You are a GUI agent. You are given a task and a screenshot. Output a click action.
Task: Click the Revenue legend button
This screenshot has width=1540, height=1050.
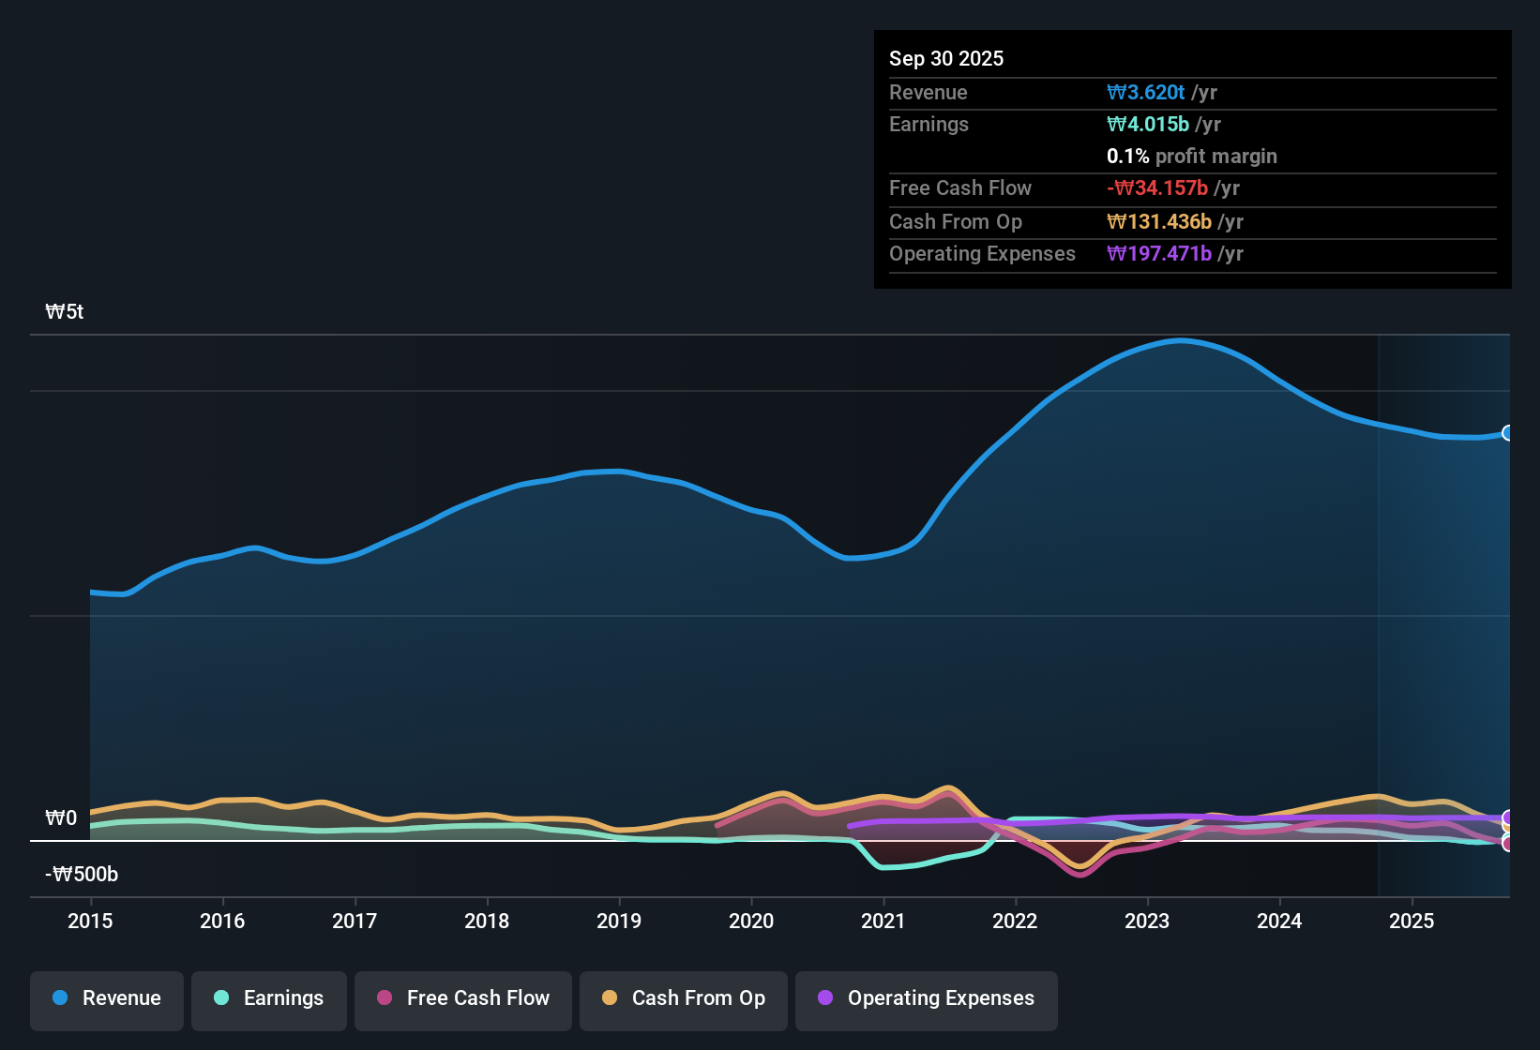click(107, 998)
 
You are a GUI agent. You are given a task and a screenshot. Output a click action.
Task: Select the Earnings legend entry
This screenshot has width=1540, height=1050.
click(269, 998)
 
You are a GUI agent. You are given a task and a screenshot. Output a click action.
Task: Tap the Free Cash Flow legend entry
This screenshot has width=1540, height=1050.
click(463, 998)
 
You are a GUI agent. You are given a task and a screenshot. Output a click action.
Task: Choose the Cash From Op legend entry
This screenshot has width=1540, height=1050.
click(684, 998)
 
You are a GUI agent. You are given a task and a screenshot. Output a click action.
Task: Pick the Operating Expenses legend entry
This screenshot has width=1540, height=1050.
click(927, 998)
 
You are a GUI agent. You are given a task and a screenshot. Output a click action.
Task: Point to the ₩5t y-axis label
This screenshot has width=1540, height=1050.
click(64, 312)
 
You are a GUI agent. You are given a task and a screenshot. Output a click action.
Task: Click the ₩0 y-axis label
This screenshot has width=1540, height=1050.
click(61, 818)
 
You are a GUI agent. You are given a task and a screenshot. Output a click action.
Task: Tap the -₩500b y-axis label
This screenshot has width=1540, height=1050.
click(82, 875)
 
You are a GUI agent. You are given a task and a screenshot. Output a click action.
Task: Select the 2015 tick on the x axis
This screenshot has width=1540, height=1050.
click(90, 922)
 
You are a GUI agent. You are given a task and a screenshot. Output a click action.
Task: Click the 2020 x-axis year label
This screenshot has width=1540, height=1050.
click(751, 922)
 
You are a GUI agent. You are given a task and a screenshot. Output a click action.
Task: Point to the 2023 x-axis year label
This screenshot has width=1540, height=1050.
click(1147, 922)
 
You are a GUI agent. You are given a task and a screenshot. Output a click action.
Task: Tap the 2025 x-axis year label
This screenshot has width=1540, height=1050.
click(1412, 922)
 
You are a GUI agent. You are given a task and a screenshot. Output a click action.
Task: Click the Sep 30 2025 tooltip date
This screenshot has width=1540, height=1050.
click(946, 59)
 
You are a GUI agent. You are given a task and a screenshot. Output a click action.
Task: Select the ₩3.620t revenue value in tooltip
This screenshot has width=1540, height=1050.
click(1146, 93)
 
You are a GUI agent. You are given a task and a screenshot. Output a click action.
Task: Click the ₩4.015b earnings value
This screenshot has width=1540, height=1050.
click(1148, 125)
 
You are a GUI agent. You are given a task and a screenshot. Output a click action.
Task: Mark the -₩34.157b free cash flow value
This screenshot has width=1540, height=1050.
click(1157, 188)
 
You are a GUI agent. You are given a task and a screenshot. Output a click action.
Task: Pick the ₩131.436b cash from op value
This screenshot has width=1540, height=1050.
click(1159, 222)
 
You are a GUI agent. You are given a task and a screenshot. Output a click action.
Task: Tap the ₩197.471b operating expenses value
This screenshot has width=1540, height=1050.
click(1159, 254)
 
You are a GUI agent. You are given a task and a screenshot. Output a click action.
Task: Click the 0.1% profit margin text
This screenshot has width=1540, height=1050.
click(1191, 157)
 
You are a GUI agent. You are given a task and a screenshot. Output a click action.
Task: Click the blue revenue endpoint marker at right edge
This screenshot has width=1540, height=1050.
click(1507, 433)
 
